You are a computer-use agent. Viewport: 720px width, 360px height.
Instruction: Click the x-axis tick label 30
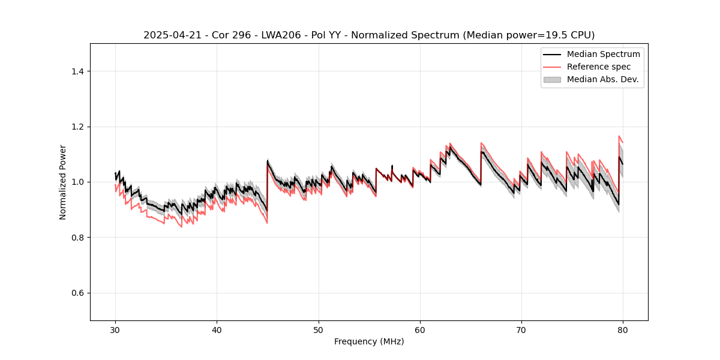pyautogui.click(x=115, y=329)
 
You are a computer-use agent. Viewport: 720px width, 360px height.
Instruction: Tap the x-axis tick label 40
pyautogui.click(x=217, y=329)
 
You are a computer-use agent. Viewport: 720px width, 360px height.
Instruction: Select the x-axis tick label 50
pyautogui.click(x=319, y=329)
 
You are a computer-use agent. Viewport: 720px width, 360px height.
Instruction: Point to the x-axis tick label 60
pyautogui.click(x=420, y=329)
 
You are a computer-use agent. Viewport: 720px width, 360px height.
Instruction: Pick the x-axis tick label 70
pyautogui.click(x=521, y=329)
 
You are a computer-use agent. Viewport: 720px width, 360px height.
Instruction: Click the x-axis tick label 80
pyautogui.click(x=623, y=329)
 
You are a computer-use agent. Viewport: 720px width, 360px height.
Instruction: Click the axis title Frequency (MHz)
pyautogui.click(x=369, y=341)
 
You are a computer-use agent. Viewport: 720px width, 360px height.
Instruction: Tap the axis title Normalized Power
pyautogui.click(x=63, y=182)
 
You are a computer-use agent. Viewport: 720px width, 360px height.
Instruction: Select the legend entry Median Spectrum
pyautogui.click(x=603, y=55)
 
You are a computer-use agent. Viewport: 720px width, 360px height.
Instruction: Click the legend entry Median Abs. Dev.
pyautogui.click(x=602, y=79)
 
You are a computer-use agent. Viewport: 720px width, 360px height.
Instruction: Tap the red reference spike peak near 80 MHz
pyautogui.click(x=619, y=136)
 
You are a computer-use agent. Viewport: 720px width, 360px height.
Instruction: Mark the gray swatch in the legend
pyautogui.click(x=552, y=79)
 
